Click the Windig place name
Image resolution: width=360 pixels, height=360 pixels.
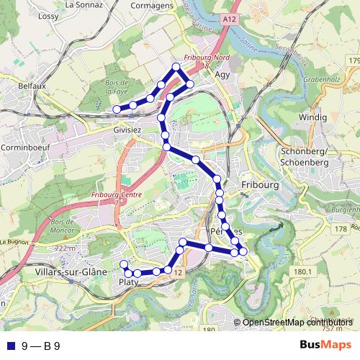[313, 117]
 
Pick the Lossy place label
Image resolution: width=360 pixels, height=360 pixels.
[48, 16]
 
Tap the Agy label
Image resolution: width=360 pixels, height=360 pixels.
[222, 73]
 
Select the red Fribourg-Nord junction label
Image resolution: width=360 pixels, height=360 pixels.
[206, 58]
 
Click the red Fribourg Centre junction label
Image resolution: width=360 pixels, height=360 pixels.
[117, 194]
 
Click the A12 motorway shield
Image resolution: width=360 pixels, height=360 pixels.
[229, 19]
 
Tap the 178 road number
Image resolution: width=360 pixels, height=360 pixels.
[341, 228]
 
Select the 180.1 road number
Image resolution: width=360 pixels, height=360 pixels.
[302, 271]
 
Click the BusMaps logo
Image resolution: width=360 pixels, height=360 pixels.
[325, 346]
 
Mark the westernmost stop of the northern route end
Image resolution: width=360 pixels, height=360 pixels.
[117, 109]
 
